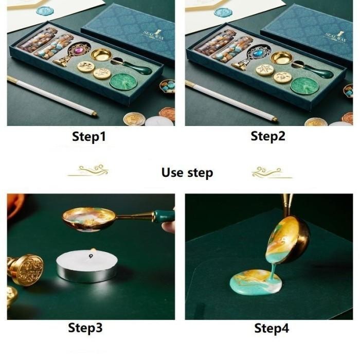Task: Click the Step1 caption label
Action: [x=89, y=137]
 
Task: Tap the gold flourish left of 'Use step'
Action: [x=88, y=171]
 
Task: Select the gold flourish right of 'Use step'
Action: [x=272, y=171]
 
